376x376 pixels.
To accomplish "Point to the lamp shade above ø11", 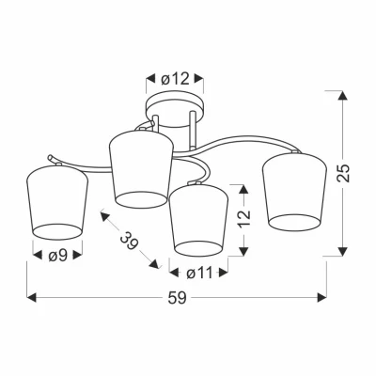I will pos(198,217).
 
